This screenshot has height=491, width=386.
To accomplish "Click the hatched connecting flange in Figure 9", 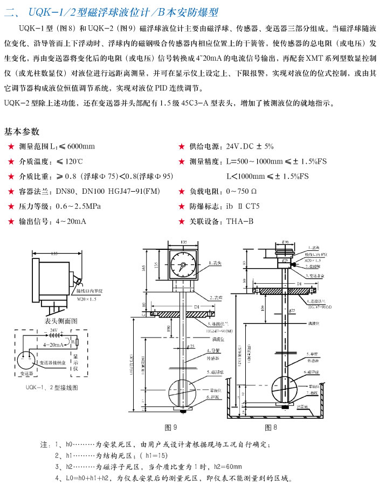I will click(x=183, y=314).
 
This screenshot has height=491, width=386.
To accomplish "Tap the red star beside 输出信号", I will click(x=9, y=221).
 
